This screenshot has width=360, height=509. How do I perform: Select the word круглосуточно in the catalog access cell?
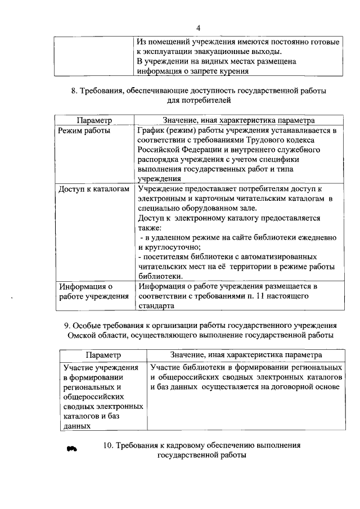(174, 247)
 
